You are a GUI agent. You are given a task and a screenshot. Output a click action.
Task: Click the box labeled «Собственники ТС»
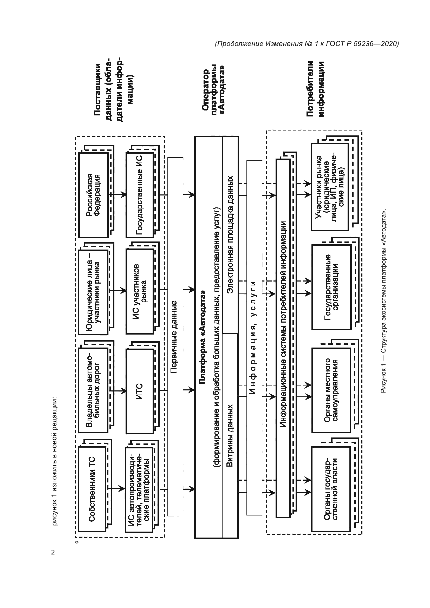tap(93, 489)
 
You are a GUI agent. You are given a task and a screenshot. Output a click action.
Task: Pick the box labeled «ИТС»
tap(140, 390)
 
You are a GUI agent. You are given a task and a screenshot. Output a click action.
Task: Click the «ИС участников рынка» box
tap(140, 291)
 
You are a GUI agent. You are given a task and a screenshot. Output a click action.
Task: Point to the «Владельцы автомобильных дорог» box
tap(93, 390)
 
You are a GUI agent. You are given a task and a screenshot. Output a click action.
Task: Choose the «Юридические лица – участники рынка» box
tap(93, 291)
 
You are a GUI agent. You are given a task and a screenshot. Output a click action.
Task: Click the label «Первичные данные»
tap(175, 336)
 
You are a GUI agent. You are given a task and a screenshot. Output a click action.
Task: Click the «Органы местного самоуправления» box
tap(331, 390)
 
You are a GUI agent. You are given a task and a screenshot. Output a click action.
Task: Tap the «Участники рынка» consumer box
tap(330, 187)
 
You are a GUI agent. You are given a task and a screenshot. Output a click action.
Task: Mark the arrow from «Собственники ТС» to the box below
tap(116, 489)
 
